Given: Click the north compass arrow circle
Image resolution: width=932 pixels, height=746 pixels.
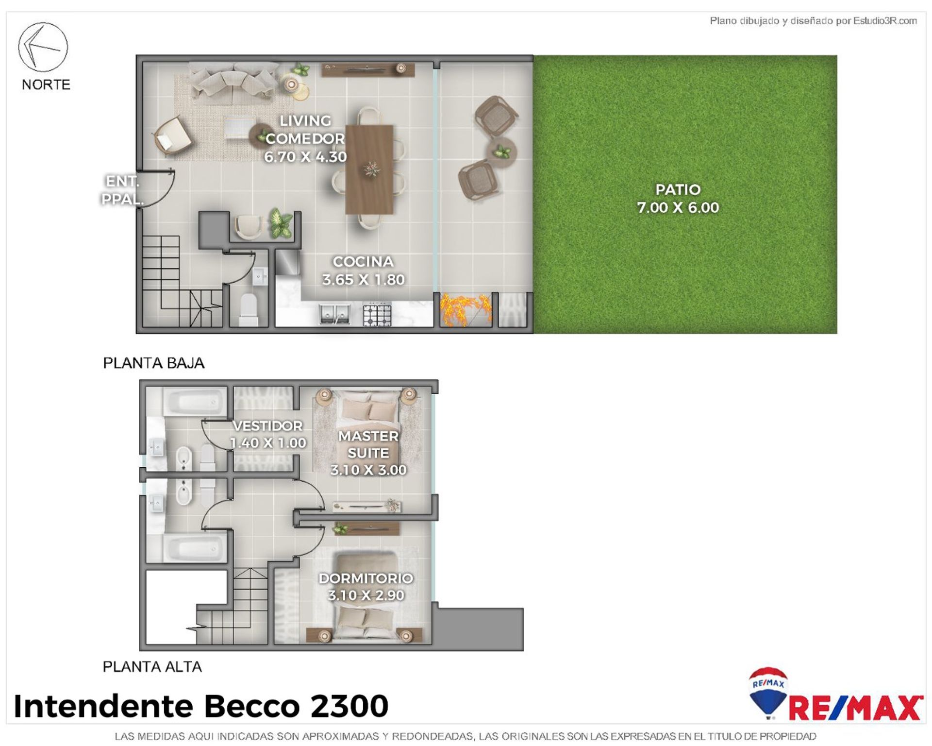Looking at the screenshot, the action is (x=43, y=47).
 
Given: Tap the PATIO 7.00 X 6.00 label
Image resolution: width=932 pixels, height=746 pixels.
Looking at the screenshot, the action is (x=678, y=199).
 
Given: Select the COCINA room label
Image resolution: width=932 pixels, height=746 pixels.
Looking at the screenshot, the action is (x=363, y=262).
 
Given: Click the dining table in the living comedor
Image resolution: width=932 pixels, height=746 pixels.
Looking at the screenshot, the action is (x=369, y=170).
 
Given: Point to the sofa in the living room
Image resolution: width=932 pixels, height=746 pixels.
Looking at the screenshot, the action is (x=233, y=83).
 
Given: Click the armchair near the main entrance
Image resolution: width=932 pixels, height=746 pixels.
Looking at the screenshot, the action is (x=172, y=136).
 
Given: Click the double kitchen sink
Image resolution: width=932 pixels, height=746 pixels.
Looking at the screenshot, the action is (x=334, y=314).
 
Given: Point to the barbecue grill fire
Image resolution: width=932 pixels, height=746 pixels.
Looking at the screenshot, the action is (x=466, y=309).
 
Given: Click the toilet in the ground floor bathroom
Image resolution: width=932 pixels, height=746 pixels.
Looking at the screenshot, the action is (x=249, y=310).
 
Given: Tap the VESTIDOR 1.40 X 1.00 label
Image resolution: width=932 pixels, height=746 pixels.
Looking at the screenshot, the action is (x=268, y=434).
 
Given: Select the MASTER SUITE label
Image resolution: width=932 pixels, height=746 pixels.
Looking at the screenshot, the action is (x=368, y=444).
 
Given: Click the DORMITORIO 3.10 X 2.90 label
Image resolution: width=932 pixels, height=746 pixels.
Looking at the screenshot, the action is (x=366, y=587).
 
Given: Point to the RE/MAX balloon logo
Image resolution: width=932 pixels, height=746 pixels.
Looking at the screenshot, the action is (x=768, y=693).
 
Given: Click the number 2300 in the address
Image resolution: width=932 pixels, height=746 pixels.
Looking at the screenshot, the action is (x=349, y=706).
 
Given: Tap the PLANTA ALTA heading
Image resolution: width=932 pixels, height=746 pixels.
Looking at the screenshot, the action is (x=152, y=667).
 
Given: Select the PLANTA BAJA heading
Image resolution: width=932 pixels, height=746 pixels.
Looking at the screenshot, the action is (x=153, y=363).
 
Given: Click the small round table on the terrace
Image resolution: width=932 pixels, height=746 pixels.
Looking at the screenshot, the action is (x=500, y=153).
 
